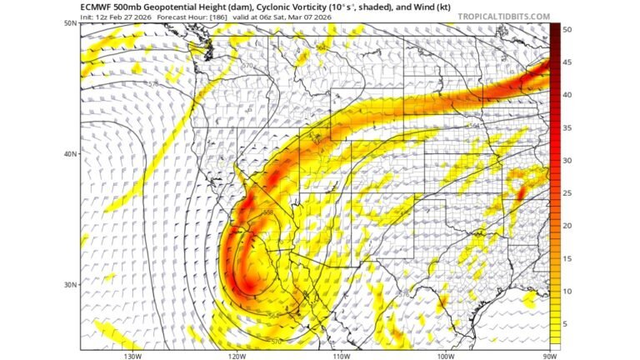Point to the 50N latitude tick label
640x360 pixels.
70,23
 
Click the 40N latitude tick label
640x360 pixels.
70,154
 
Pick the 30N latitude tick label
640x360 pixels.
70,284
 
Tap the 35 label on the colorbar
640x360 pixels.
567,127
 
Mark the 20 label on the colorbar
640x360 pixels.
567,225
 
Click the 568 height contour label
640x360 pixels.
268,212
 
